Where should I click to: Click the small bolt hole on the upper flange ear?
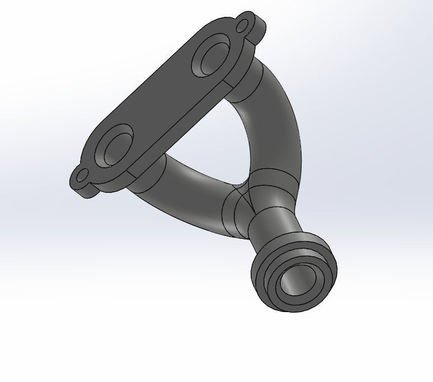[243, 25]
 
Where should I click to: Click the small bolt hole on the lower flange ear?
[82, 177]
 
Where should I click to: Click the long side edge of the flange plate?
[185, 129]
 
